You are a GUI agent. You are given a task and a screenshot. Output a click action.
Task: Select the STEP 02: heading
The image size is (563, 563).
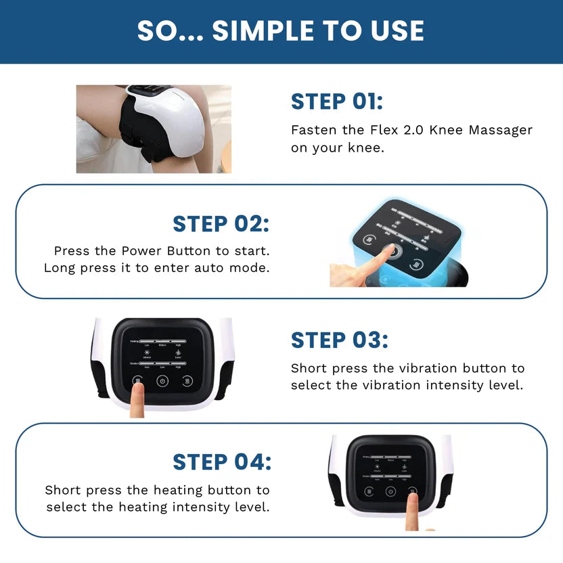pos(221,223)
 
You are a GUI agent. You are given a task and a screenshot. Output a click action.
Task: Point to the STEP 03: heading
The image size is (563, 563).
pos(340,340)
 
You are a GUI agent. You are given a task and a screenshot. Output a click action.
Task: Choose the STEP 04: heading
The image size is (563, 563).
pos(222,462)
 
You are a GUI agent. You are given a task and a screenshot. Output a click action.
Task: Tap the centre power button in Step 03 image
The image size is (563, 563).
pos(162,381)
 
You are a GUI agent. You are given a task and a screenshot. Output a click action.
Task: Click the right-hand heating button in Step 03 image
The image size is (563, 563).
pos(187,381)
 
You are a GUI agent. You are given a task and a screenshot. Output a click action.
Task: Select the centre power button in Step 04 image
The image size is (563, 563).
pos(390,492)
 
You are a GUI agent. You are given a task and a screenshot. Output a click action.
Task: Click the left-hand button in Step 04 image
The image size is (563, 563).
pos(369,492)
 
